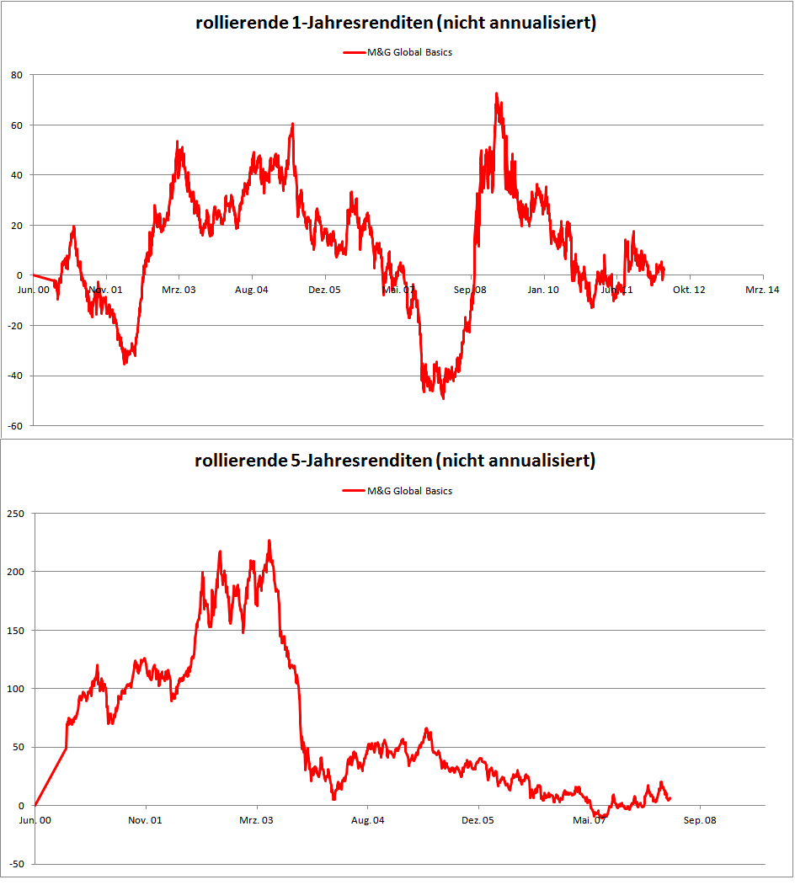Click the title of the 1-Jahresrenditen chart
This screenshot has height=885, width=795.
396,24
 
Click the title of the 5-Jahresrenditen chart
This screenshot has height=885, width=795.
395,461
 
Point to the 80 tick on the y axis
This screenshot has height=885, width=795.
16,75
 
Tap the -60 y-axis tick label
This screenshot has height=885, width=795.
14,426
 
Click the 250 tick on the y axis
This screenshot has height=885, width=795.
15,513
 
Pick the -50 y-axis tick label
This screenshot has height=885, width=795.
15,864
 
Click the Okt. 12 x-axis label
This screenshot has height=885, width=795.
689,290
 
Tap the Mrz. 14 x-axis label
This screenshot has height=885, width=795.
761,290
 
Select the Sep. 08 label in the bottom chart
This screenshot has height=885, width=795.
699,819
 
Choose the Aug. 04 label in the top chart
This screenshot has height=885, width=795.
251,290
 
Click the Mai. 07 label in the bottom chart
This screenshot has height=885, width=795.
589,819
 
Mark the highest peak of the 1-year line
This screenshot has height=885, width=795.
496,93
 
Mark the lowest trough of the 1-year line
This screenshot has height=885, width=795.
443,397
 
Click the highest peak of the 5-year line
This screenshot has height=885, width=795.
269,541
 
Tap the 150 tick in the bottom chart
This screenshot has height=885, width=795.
15,630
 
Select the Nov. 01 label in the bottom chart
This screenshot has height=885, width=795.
146,819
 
